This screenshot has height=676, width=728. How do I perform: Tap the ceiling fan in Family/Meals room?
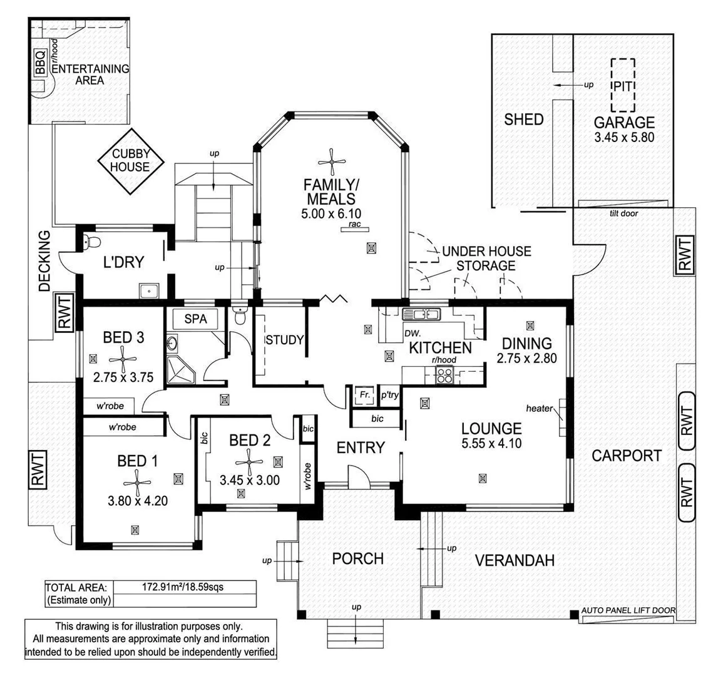(331, 161)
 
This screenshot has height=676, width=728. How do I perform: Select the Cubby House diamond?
(131, 161)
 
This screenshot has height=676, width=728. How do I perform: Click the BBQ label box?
(40, 63)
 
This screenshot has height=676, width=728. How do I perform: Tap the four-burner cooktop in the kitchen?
(444, 375)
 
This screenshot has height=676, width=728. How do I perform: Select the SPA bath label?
(195, 319)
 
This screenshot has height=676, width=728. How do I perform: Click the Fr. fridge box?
(363, 396)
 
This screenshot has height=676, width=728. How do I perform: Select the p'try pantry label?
(389, 396)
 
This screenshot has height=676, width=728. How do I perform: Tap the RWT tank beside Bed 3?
(64, 311)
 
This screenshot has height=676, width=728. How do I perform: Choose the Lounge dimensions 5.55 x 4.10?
(491, 444)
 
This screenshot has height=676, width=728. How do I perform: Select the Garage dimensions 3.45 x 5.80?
(624, 137)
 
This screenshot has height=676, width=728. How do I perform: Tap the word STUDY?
(284, 341)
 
